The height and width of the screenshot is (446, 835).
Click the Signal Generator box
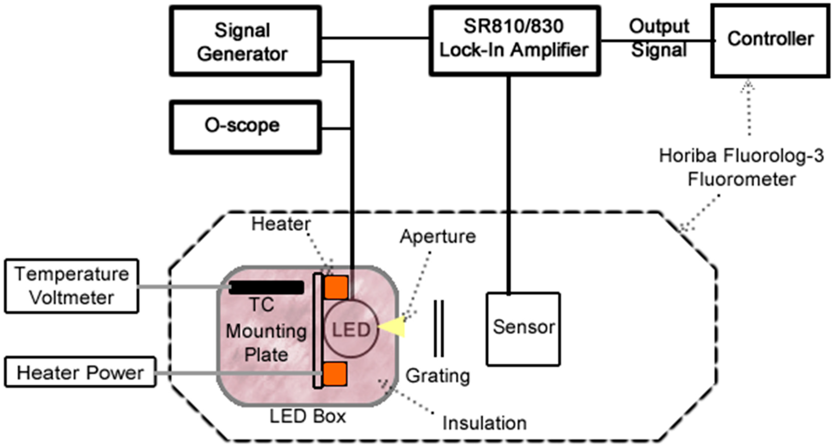coord(245,41)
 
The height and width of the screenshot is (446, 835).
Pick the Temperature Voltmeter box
coord(72,286)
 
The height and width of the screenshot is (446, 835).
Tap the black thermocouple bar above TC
coord(266,288)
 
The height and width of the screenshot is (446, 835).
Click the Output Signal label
coord(659,38)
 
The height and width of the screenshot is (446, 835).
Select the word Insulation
coord(484,423)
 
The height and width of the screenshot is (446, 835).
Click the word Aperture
coord(438,236)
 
